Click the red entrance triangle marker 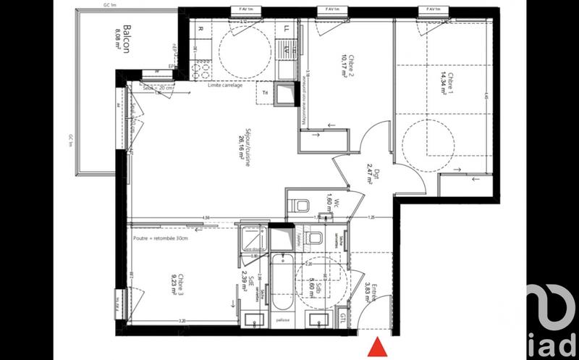(376, 348)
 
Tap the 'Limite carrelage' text (224, 85)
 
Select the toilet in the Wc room (298, 205)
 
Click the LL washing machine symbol (287, 30)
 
